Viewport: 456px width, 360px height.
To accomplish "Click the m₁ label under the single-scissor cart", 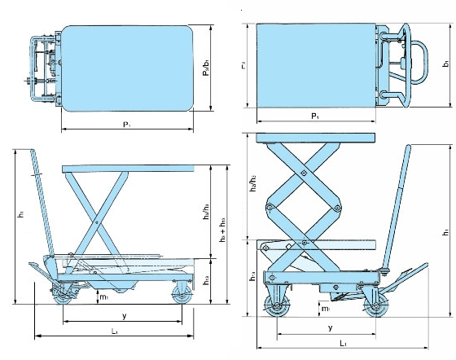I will tap(104, 298).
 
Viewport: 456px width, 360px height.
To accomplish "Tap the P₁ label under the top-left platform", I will tap(126, 124).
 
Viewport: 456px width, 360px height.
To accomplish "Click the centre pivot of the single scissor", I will tap(96, 218).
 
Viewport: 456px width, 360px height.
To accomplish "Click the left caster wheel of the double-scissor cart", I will tap(276, 308).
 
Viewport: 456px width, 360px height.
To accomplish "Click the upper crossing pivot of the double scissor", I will tap(303, 174).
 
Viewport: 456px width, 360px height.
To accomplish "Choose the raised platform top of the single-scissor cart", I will tap(129, 168).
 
